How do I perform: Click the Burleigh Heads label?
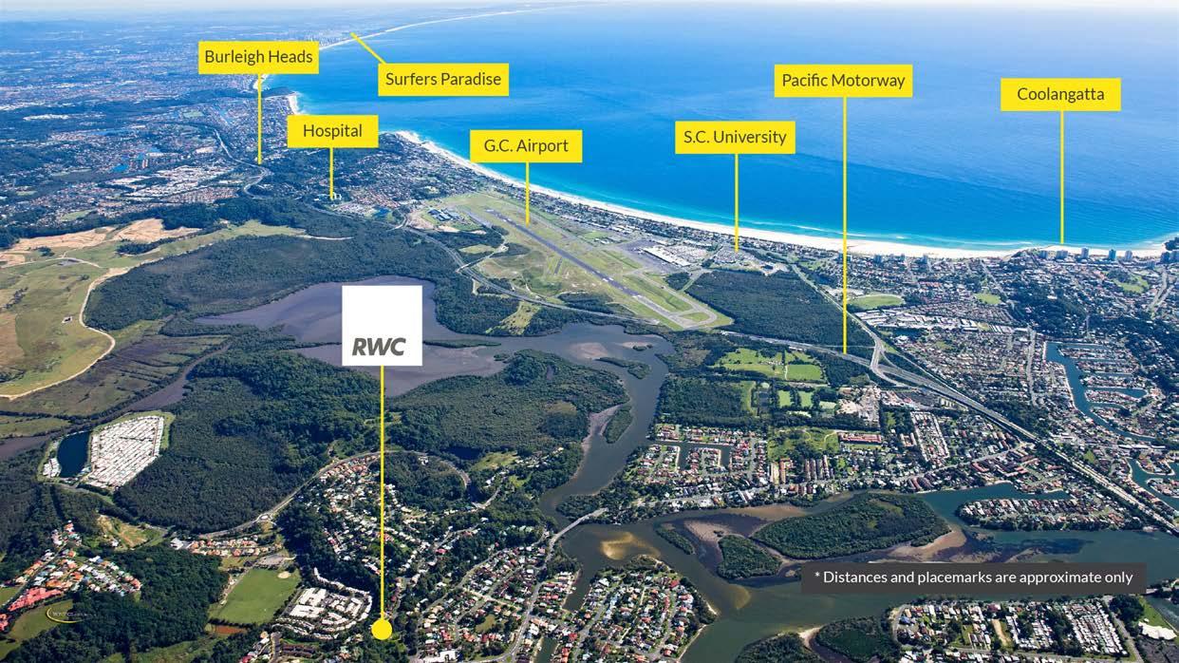tap(258, 57)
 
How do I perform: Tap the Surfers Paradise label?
tap(443, 79)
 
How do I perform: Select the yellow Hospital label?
tap(332, 131)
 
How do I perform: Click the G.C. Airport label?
tap(526, 146)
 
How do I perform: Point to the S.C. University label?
tap(736, 137)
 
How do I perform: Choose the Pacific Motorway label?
tap(843, 81)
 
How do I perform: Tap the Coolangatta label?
tap(1060, 94)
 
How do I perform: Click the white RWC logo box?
tap(382, 325)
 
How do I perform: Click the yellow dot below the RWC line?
tap(382, 629)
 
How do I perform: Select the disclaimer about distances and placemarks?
tap(972, 578)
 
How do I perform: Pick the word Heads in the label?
tap(290, 57)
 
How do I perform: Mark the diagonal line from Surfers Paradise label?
tap(366, 47)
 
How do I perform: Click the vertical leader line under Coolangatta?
tap(1061, 176)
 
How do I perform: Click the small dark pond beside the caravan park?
tap(72, 454)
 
